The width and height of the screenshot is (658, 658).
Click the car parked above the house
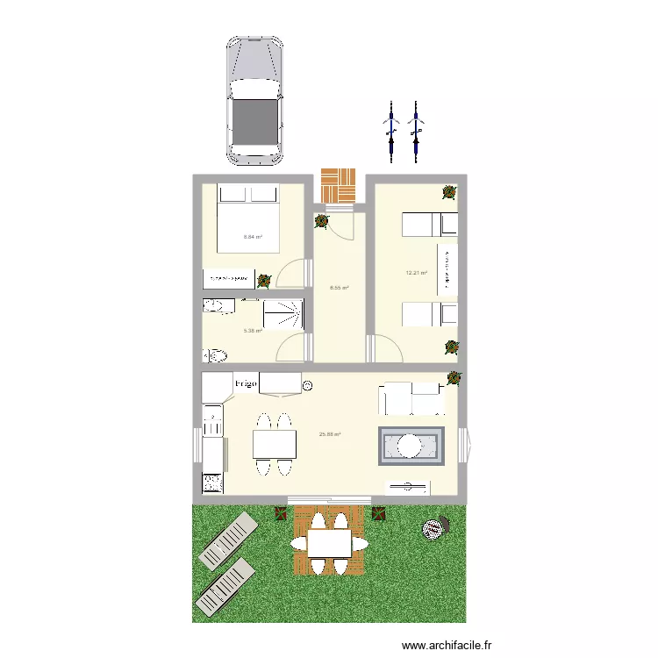255,100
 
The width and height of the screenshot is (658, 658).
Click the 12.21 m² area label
416,273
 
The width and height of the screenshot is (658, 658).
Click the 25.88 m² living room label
330,434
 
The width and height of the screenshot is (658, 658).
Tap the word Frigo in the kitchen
245,384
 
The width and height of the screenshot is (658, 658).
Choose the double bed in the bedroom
248,218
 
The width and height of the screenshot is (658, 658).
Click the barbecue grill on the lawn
433,528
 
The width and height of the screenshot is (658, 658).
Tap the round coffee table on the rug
411,446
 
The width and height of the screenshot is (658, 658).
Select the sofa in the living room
411,399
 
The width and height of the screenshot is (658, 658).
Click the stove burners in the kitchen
212,482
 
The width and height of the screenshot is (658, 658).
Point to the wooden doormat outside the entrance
339,185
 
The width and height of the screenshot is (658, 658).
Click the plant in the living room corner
454,378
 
